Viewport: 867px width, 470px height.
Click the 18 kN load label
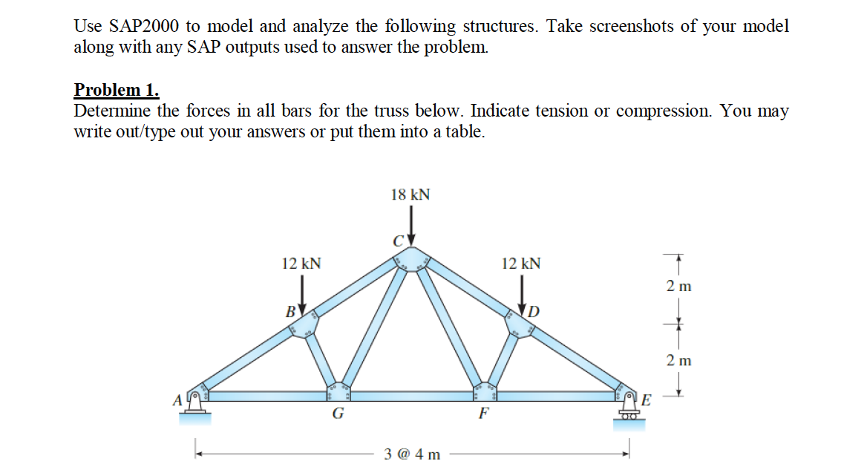(410, 195)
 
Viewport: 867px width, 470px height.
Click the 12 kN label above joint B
(301, 263)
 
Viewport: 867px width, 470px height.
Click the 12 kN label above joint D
(521, 263)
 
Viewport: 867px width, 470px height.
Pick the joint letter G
(337, 414)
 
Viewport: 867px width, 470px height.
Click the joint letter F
(483, 414)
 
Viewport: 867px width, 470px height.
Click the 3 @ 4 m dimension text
(412, 453)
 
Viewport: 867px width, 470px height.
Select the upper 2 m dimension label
(678, 287)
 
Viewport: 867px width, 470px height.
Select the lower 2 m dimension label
(678, 361)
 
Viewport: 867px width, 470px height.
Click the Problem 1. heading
(117, 91)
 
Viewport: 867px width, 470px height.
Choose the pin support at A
(196, 405)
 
